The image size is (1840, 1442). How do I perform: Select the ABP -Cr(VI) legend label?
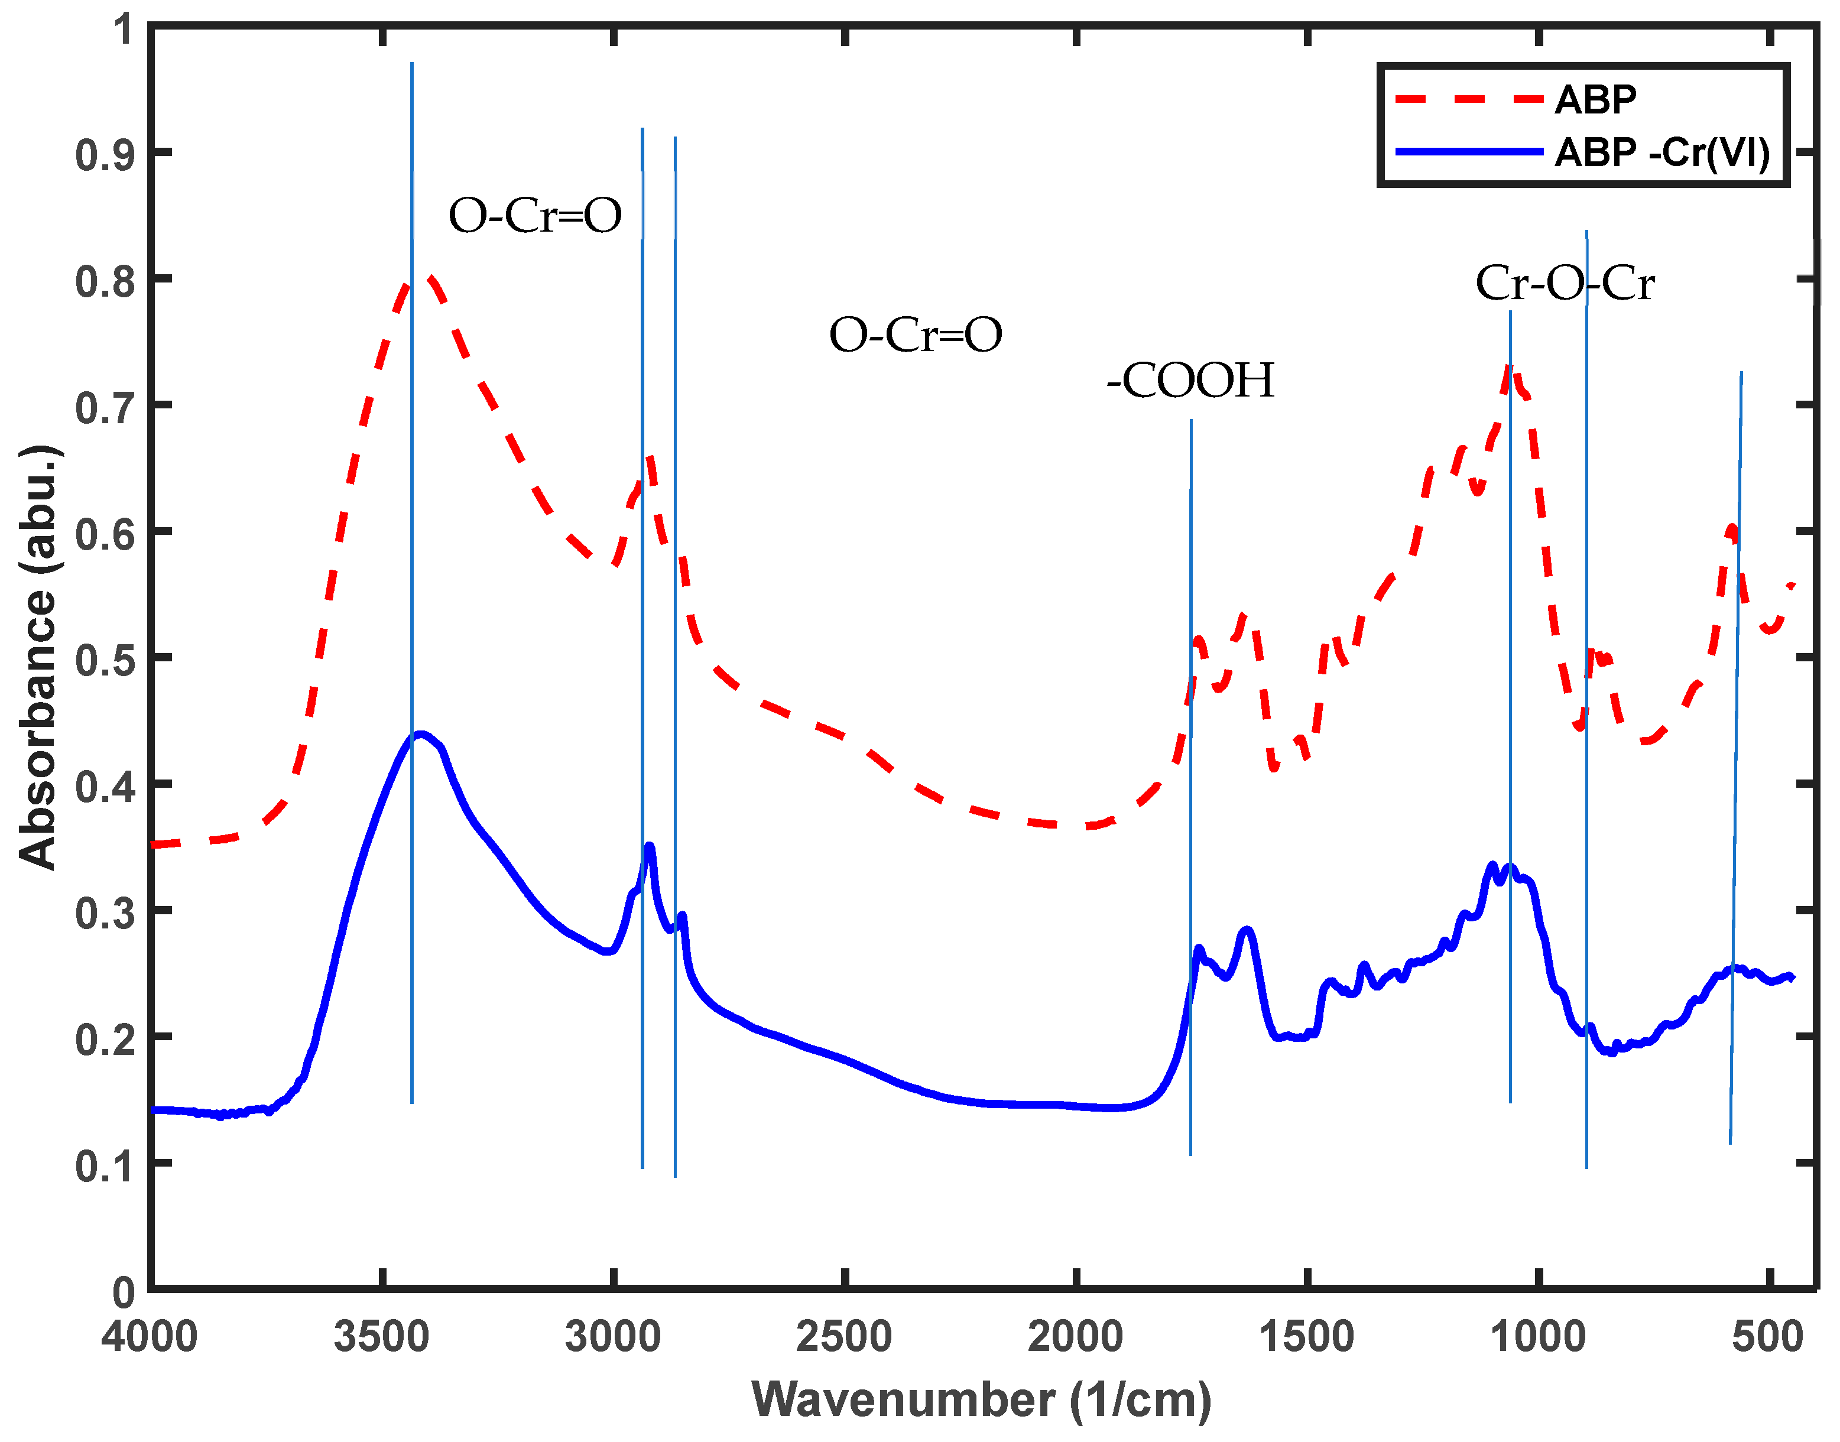click(1661, 153)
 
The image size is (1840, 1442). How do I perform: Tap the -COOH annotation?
click(1190, 380)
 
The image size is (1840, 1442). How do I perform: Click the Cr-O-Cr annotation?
click(1564, 283)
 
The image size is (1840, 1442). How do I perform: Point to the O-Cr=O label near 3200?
click(534, 216)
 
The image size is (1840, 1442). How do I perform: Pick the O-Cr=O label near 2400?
click(916, 335)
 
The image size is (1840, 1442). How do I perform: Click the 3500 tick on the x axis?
click(382, 1338)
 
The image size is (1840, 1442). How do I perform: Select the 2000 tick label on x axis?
click(1075, 1338)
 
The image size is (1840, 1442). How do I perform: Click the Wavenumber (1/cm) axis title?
click(981, 1400)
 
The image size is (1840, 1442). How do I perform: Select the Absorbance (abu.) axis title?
click(38, 657)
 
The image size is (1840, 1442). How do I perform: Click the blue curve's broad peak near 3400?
click(420, 733)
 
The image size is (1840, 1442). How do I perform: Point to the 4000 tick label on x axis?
click(150, 1338)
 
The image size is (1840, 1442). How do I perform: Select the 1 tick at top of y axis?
click(124, 29)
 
